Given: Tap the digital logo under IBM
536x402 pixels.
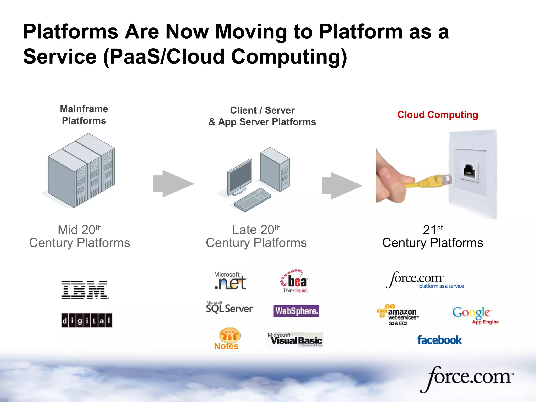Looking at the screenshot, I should coord(87,320).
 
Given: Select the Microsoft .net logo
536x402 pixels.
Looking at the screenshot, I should coord(230,282).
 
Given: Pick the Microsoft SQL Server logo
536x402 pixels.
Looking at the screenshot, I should coord(230,308).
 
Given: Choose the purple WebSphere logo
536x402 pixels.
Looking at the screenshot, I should coord(296,311).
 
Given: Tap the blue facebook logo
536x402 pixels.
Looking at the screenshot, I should coord(439,340).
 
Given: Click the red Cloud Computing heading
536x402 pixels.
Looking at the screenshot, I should coord(438,115).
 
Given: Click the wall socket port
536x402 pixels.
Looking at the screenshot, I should coord(469,171).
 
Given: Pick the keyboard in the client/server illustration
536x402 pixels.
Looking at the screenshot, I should coord(253,199).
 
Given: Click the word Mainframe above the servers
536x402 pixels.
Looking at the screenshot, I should coord(84,109).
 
